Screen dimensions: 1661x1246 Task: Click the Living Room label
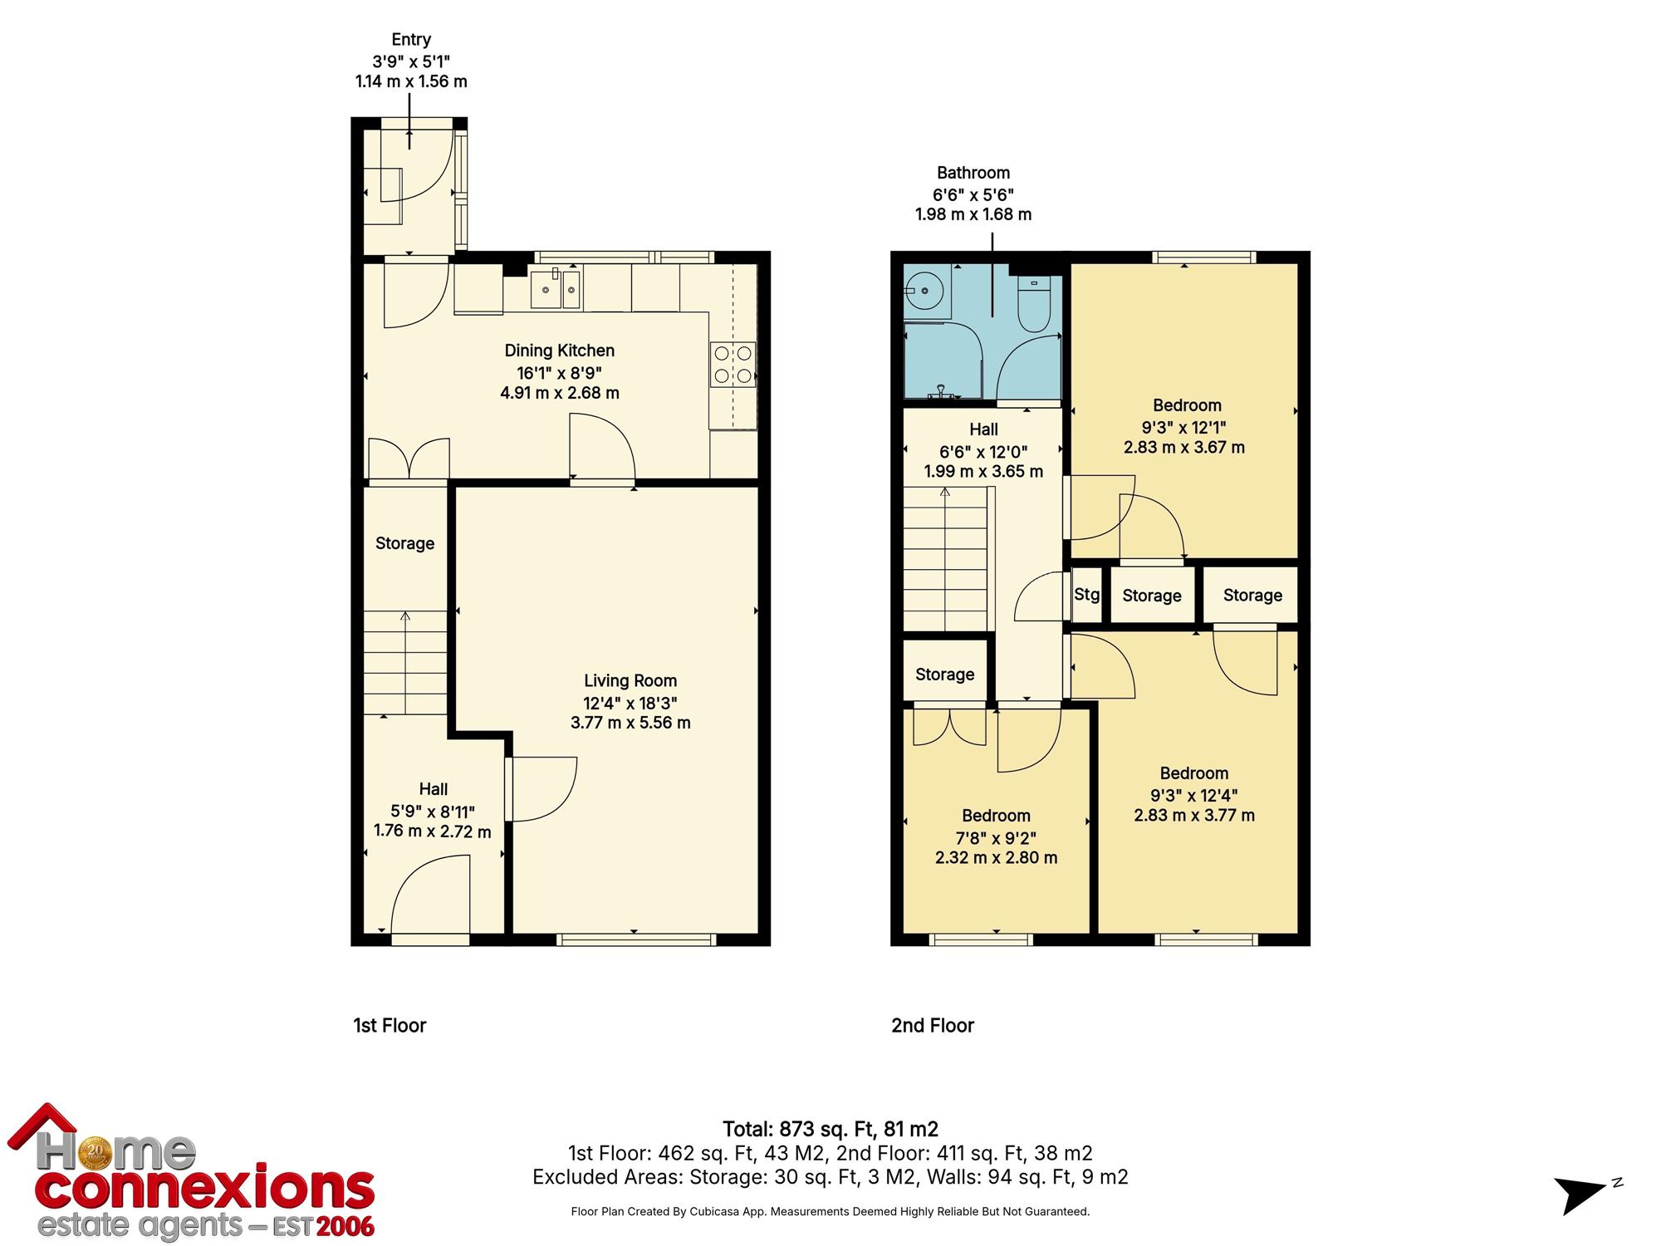coord(630,681)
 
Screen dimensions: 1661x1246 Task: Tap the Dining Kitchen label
coord(560,351)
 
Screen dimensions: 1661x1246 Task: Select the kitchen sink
coord(556,289)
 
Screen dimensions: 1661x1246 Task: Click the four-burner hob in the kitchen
coord(733,365)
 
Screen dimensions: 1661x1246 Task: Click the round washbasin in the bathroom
coord(923,292)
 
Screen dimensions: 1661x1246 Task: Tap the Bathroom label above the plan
coord(973,173)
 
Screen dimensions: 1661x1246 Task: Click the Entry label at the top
coord(411,40)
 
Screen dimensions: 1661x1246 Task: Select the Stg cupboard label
coord(1087,595)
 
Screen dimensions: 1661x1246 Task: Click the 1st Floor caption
coord(390,1025)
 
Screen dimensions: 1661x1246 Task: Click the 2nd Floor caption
coord(933,1025)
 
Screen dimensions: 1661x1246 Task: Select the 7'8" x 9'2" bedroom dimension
coord(997,837)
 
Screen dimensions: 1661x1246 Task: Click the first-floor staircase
coord(405,663)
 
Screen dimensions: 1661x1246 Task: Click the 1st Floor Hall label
coord(434,789)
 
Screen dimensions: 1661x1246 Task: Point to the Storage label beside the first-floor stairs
coord(405,543)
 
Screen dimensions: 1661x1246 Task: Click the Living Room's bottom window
coord(636,939)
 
